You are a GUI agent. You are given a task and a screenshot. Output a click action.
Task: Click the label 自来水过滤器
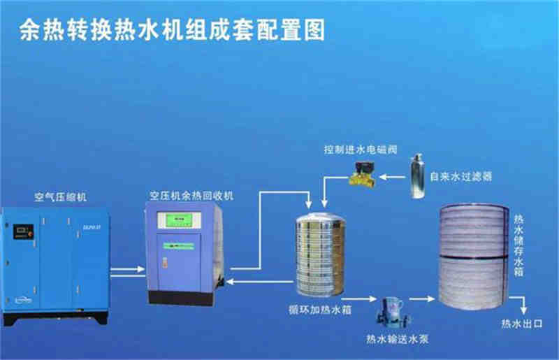460,177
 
